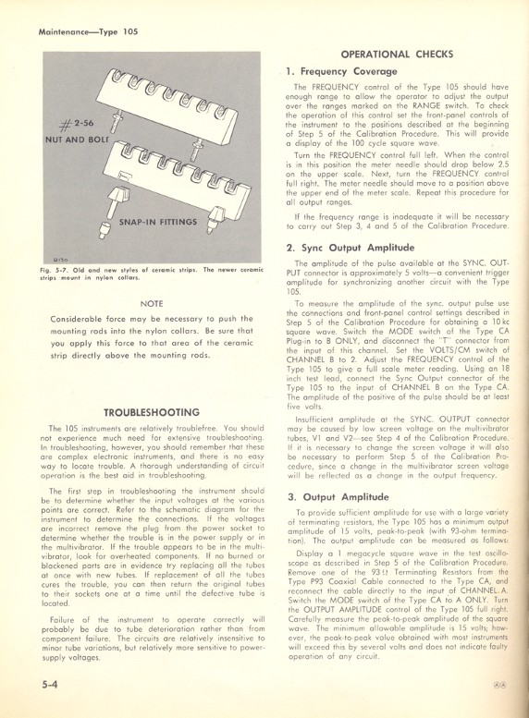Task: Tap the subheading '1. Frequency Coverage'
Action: tap(341, 71)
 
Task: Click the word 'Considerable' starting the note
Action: tap(80, 322)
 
